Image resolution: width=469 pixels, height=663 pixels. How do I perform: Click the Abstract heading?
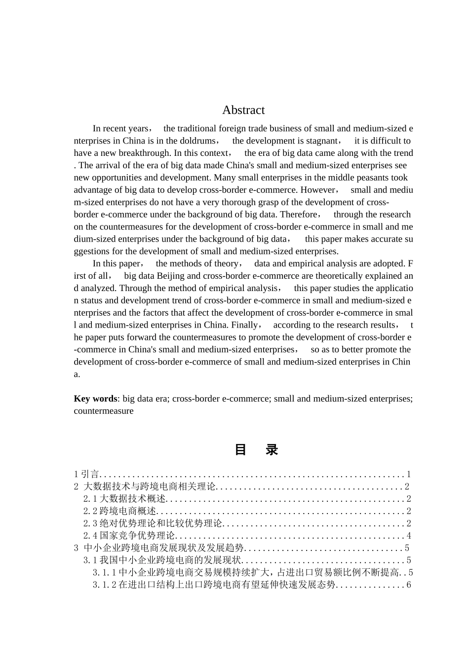tap(243, 110)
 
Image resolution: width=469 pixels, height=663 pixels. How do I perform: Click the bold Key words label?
tap(95, 399)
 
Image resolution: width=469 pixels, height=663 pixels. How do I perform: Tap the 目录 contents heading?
tap(256, 450)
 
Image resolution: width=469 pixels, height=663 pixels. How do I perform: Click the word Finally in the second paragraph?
tap(244, 325)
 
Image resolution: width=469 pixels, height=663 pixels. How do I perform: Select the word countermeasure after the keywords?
tap(104, 411)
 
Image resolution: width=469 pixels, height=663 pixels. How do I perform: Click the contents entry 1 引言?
tap(86, 475)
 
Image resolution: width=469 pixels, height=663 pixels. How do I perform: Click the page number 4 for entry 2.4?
tap(409, 536)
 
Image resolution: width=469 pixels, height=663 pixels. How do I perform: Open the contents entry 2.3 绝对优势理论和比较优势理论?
tap(153, 523)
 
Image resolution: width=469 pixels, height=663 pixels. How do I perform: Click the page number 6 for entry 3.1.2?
tap(409, 585)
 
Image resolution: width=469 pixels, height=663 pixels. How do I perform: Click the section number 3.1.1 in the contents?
tap(105, 573)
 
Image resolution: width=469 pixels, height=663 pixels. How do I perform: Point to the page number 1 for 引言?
tap(409, 475)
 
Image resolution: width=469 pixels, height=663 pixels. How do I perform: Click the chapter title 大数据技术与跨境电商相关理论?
tap(150, 487)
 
